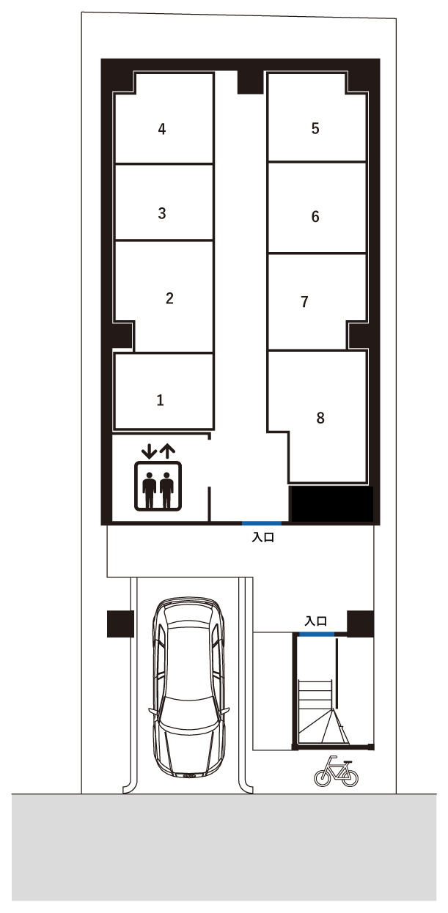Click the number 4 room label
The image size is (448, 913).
point(162,129)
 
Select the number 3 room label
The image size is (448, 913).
point(162,213)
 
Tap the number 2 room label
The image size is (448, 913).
point(169,298)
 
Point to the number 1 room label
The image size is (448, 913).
point(161,400)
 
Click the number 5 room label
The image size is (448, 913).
point(315,128)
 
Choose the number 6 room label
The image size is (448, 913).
point(315,216)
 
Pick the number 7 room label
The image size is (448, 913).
point(304,302)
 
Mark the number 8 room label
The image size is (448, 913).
point(320,418)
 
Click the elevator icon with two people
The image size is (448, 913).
point(158,486)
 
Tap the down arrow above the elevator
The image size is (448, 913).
point(149,451)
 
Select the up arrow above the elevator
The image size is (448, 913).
point(168,451)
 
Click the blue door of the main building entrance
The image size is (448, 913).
point(262,523)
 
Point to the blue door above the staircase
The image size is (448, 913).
point(317,634)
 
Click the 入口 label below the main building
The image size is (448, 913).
point(263,537)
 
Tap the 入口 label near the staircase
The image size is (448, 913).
point(316,621)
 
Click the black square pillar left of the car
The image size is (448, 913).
point(120,624)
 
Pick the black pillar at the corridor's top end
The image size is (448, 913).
point(250,82)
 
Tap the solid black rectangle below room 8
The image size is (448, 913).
point(331,504)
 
